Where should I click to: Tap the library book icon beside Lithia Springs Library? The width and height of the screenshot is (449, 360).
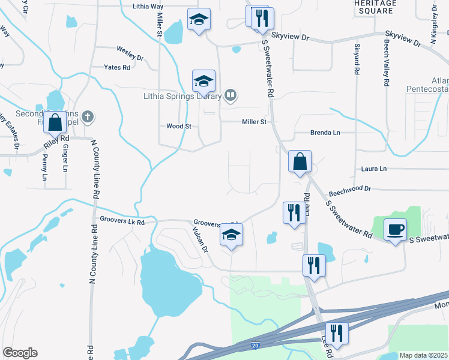pyautogui.click(x=231, y=95)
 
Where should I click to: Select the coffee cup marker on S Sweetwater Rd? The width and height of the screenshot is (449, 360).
pyautogui.click(x=395, y=230)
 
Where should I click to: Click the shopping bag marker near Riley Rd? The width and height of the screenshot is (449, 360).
pyautogui.click(x=55, y=123)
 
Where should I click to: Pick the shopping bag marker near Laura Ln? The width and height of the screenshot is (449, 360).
pyautogui.click(x=300, y=162)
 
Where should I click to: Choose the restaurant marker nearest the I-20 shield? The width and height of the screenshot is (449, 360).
pyautogui.click(x=336, y=334)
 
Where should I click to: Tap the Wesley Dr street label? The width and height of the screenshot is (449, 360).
pyautogui.click(x=130, y=58)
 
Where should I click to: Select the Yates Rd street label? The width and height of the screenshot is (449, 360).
pyautogui.click(x=117, y=68)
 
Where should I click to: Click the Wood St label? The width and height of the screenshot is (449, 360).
pyautogui.click(x=178, y=126)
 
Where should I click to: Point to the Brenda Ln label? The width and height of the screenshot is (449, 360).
pyautogui.click(x=325, y=132)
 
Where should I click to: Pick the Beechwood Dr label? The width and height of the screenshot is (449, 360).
pyautogui.click(x=351, y=188)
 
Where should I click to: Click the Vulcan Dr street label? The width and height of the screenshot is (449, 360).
pyautogui.click(x=200, y=239)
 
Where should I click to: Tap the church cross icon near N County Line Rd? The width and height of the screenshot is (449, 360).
pyautogui.click(x=88, y=116)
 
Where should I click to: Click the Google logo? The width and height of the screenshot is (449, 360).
pyautogui.click(x=20, y=353)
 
